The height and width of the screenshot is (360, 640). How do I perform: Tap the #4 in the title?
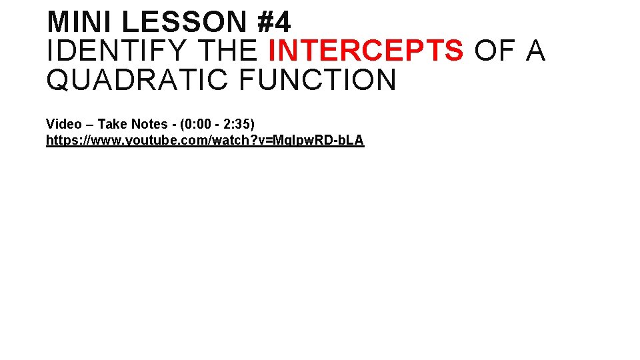274,22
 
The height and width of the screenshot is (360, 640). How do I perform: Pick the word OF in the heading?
495,51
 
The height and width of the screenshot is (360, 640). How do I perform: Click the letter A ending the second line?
536,51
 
